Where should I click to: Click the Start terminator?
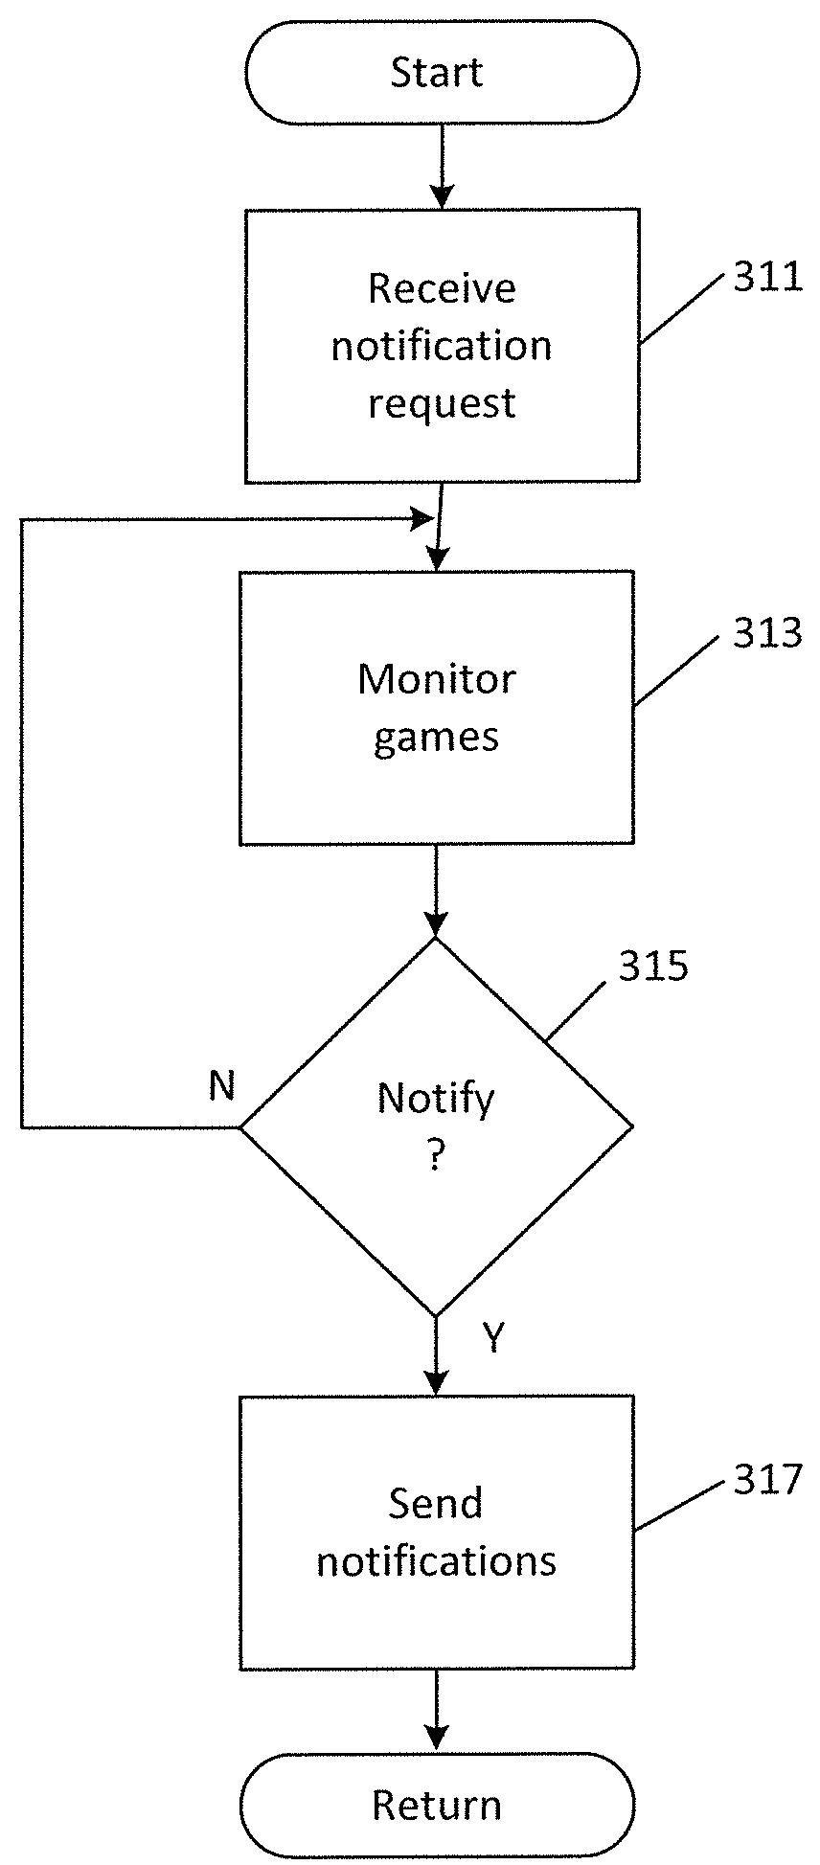[x=441, y=73]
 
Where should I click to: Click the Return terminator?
[x=437, y=1805]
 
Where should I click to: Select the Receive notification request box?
[x=442, y=345]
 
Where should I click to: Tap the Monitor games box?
[x=436, y=708]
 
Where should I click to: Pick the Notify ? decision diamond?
[x=436, y=1126]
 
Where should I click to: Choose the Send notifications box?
[x=436, y=1533]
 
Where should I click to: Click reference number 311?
[x=766, y=278]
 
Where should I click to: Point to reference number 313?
[x=766, y=633]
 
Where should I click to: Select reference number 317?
[x=766, y=1480]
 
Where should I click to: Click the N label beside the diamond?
[x=221, y=1086]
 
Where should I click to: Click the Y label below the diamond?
[x=492, y=1338]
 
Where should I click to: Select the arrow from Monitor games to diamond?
[x=436, y=891]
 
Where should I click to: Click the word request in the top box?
[x=442, y=403]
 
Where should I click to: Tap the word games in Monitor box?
[x=436, y=738]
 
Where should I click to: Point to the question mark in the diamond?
[x=436, y=1157]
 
